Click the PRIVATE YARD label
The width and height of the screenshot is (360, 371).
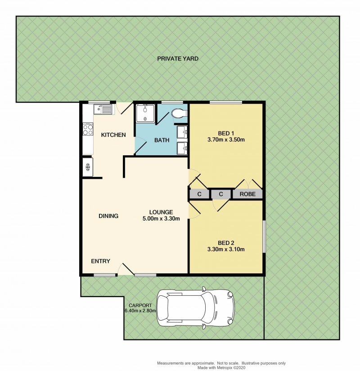coord(178,59)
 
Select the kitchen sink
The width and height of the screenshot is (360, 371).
coord(103,109)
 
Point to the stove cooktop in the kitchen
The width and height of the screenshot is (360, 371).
coord(87,129)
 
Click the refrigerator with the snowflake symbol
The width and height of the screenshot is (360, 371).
coord(88,167)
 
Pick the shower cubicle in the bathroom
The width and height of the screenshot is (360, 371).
coord(145,113)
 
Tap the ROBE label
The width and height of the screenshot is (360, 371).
coord(247,194)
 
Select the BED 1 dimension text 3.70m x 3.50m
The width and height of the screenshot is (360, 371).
coord(226,140)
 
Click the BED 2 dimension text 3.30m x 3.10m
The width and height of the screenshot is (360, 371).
coord(226,249)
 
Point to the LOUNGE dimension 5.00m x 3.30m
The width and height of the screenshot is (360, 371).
coord(161,219)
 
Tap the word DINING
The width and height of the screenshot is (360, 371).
coord(108,216)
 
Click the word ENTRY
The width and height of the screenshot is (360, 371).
coord(100,261)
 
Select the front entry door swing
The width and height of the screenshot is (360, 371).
coord(126,269)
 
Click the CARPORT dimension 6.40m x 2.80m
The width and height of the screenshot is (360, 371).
coord(140,311)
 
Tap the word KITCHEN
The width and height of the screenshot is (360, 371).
coord(113,135)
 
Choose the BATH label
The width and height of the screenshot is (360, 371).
coord(162,140)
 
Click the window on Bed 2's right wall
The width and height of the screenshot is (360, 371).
coord(264,237)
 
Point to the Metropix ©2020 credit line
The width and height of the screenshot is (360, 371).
coord(221,368)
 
